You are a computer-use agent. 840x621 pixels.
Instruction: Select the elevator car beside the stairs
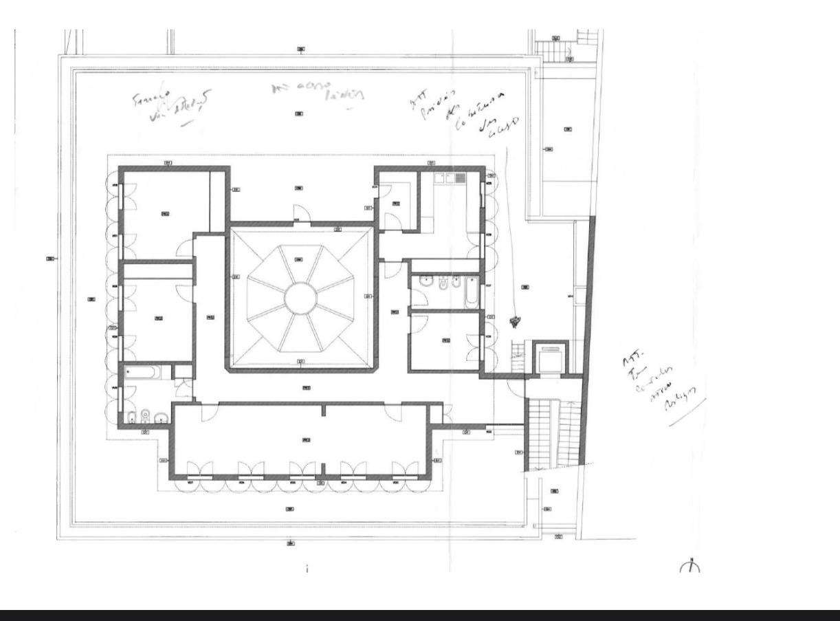(549, 358)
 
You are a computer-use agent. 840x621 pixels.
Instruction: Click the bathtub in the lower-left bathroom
(144, 373)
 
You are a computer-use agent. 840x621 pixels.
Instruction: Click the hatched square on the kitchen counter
(460, 178)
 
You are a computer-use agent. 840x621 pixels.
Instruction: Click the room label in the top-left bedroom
(165, 214)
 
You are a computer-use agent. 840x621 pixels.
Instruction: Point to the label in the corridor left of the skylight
(211, 317)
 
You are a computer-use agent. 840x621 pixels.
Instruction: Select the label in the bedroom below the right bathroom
(445, 340)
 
